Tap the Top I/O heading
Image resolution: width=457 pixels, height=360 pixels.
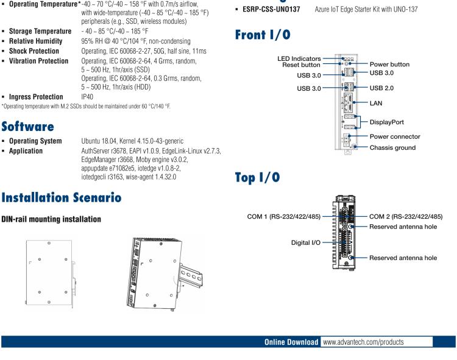257,177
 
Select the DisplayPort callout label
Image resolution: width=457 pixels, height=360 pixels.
386,122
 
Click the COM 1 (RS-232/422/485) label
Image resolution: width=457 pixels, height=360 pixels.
275,216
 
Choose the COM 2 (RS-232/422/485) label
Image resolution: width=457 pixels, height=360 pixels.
406,216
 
